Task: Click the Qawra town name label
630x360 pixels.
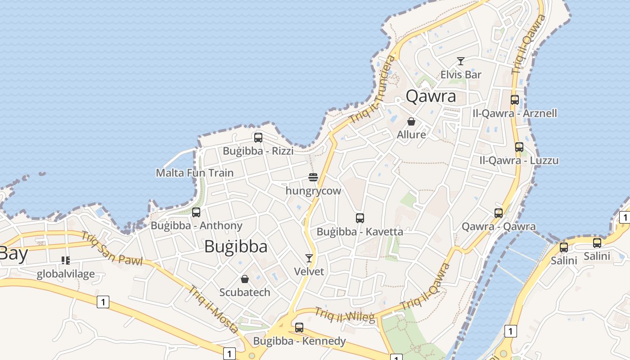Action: click(x=431, y=96)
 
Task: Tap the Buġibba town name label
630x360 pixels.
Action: click(x=236, y=246)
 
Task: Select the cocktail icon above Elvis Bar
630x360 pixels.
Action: click(x=460, y=61)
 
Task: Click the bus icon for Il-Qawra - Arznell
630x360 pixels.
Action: click(x=515, y=100)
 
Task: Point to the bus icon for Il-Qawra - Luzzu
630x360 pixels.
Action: click(x=519, y=147)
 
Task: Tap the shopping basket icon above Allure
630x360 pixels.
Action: click(x=411, y=121)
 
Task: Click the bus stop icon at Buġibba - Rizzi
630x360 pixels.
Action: click(x=258, y=138)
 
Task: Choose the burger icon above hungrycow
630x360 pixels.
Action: click(x=313, y=177)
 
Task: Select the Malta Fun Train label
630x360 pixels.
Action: click(x=194, y=173)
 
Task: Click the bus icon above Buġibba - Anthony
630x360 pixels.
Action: click(x=196, y=212)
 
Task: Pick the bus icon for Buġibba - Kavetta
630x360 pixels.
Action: click(x=360, y=218)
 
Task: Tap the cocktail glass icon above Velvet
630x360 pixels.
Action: click(x=309, y=258)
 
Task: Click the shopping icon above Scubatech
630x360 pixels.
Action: click(x=245, y=279)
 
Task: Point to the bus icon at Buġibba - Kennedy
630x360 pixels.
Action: click(x=299, y=328)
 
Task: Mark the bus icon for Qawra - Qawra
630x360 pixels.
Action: click(x=499, y=213)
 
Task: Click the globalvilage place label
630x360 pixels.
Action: click(x=66, y=274)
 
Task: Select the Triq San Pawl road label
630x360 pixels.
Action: click(x=112, y=248)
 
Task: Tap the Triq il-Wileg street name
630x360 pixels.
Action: click(x=345, y=315)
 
